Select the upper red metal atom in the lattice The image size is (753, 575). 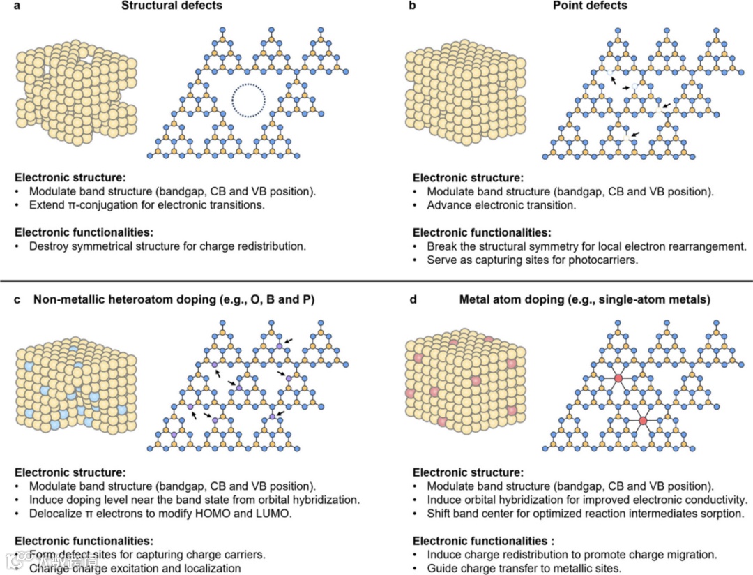[618, 378]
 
